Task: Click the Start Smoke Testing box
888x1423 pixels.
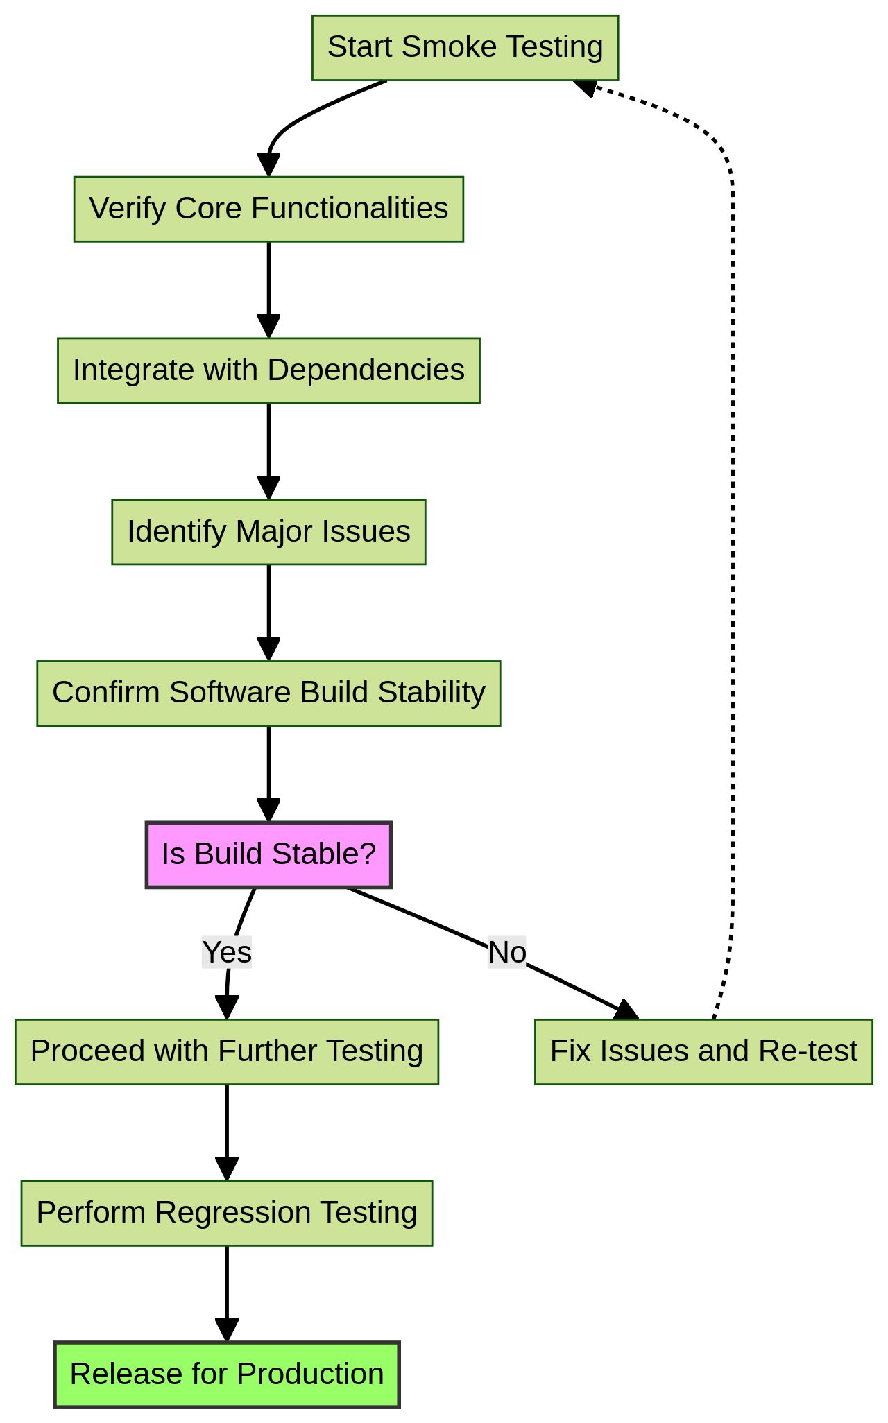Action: (465, 48)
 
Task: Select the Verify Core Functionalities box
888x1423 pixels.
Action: (268, 209)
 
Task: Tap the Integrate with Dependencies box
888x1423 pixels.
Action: (268, 370)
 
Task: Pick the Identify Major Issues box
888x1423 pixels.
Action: (268, 532)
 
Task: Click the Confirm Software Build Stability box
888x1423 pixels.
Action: (268, 693)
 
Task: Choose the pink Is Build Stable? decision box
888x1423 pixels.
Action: (268, 854)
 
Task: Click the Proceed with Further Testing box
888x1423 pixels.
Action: (226, 1051)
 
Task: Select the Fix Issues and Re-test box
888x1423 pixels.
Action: (703, 1051)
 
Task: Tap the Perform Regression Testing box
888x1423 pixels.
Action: (226, 1213)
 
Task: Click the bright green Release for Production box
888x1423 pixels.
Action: (226, 1374)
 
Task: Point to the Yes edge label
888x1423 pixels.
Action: (226, 952)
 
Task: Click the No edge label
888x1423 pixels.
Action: (506, 952)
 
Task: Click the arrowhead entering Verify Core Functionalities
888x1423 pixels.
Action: (268, 165)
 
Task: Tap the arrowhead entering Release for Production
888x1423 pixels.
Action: (226, 1330)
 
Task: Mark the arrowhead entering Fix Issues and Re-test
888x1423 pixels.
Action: (626, 1011)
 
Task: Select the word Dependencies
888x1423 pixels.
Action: (366, 370)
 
